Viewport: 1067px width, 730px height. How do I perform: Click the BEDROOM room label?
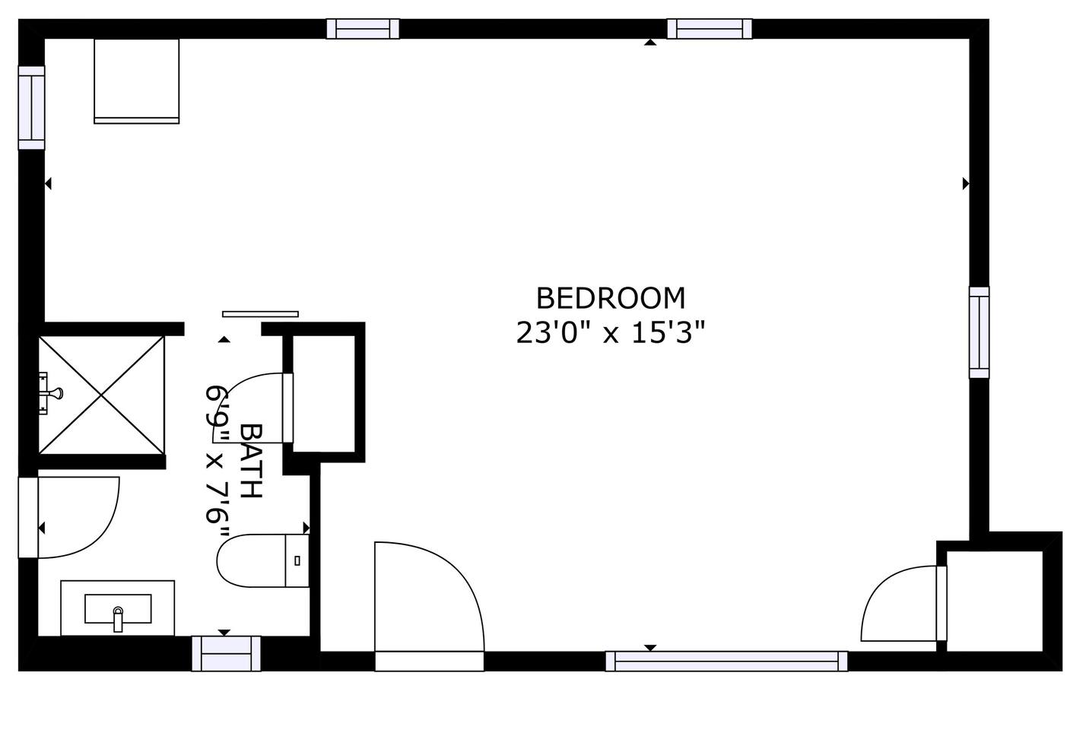click(x=611, y=299)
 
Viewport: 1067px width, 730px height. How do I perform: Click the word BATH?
click(x=251, y=461)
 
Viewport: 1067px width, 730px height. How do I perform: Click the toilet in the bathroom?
click(x=263, y=560)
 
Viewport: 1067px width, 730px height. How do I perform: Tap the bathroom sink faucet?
click(x=118, y=619)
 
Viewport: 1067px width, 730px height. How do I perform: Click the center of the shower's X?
click(x=101, y=395)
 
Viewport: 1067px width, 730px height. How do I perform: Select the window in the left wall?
click(x=31, y=108)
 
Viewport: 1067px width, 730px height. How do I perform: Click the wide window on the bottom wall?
click(x=726, y=661)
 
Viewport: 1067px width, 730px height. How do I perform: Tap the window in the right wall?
click(x=980, y=332)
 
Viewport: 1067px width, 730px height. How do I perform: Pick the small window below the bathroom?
click(x=227, y=653)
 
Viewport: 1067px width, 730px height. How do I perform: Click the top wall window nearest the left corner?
click(x=363, y=29)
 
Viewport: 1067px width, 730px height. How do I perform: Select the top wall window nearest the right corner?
click(x=710, y=29)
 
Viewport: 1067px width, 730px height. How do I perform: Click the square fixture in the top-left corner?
click(x=137, y=81)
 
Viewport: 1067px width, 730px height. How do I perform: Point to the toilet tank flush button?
click(x=297, y=560)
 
